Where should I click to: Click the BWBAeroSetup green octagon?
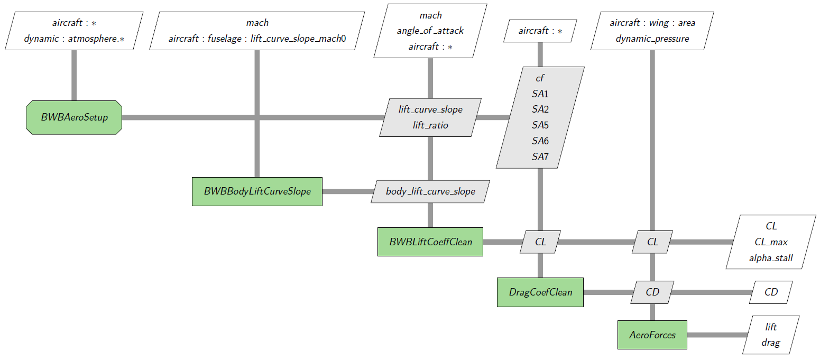(74, 117)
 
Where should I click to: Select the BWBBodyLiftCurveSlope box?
(257, 192)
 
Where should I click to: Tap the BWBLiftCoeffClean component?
(430, 242)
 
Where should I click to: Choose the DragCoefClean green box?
(540, 292)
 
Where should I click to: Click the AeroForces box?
(652, 335)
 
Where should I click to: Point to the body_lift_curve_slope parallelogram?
(430, 191)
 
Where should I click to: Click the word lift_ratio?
(430, 125)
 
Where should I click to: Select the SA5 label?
(540, 125)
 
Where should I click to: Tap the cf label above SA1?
(540, 78)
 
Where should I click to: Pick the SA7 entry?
(540, 157)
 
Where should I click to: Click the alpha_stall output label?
(771, 258)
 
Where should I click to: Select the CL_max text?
(771, 242)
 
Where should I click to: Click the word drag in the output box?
(771, 343)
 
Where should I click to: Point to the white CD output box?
(771, 292)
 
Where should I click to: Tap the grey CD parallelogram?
(652, 292)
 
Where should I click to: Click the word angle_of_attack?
(430, 31)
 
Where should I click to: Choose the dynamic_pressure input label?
(652, 39)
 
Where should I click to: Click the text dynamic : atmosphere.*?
(74, 39)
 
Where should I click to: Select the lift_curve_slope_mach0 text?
(298, 39)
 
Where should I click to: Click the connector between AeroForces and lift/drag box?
(717, 335)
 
